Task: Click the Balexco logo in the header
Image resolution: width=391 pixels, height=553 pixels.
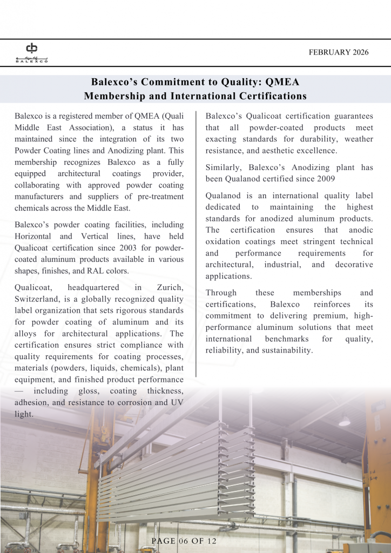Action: [31, 52]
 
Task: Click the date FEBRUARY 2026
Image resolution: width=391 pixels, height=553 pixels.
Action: [339, 52]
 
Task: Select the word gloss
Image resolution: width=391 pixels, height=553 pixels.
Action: [86, 391]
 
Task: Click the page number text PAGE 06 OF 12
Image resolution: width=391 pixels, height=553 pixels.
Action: [184, 541]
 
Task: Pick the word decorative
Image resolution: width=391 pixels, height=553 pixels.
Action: [354, 265]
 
